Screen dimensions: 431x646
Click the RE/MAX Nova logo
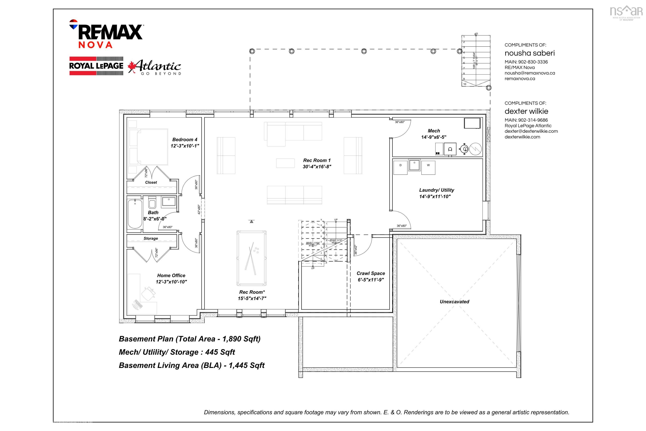[106, 34]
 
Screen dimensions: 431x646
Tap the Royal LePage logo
[96, 66]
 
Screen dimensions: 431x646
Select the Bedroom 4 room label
[185, 140]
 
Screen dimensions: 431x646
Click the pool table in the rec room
[251, 258]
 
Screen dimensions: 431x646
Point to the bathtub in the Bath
[135, 214]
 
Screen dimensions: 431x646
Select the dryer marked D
[400, 167]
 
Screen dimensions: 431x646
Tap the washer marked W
[428, 167]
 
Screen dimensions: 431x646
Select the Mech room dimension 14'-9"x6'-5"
[434, 137]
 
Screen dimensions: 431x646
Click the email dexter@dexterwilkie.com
[531, 131]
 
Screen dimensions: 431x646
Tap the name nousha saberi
[530, 53]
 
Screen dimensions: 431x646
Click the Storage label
[151, 238]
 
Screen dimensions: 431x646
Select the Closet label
[151, 182]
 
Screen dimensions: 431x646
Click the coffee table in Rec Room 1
[285, 163]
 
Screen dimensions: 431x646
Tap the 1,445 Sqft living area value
[246, 365]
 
